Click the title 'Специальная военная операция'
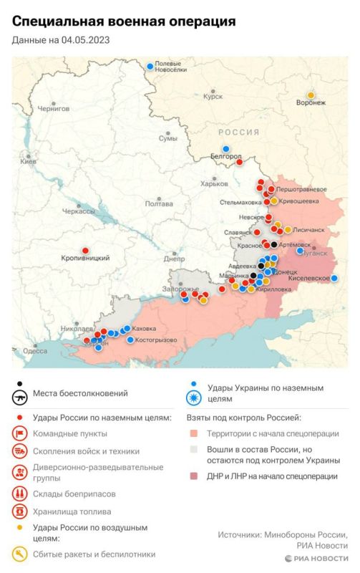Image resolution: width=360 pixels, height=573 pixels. click(x=123, y=22)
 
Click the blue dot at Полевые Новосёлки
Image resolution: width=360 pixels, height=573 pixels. click(x=150, y=67)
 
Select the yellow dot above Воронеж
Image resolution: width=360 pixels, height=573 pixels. click(x=311, y=95)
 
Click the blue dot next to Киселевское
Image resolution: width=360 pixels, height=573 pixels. click(x=334, y=278)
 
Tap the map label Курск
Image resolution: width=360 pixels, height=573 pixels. click(x=213, y=95)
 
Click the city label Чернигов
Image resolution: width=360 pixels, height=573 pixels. click(x=54, y=108)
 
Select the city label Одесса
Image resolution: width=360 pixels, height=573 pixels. click(x=34, y=350)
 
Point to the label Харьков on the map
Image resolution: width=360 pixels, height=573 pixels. click(x=214, y=183)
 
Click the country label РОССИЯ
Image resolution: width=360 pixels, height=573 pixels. click(x=238, y=133)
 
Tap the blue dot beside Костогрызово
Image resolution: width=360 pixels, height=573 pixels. click(x=130, y=340)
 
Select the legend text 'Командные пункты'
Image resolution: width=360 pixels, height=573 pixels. click(x=69, y=433)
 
